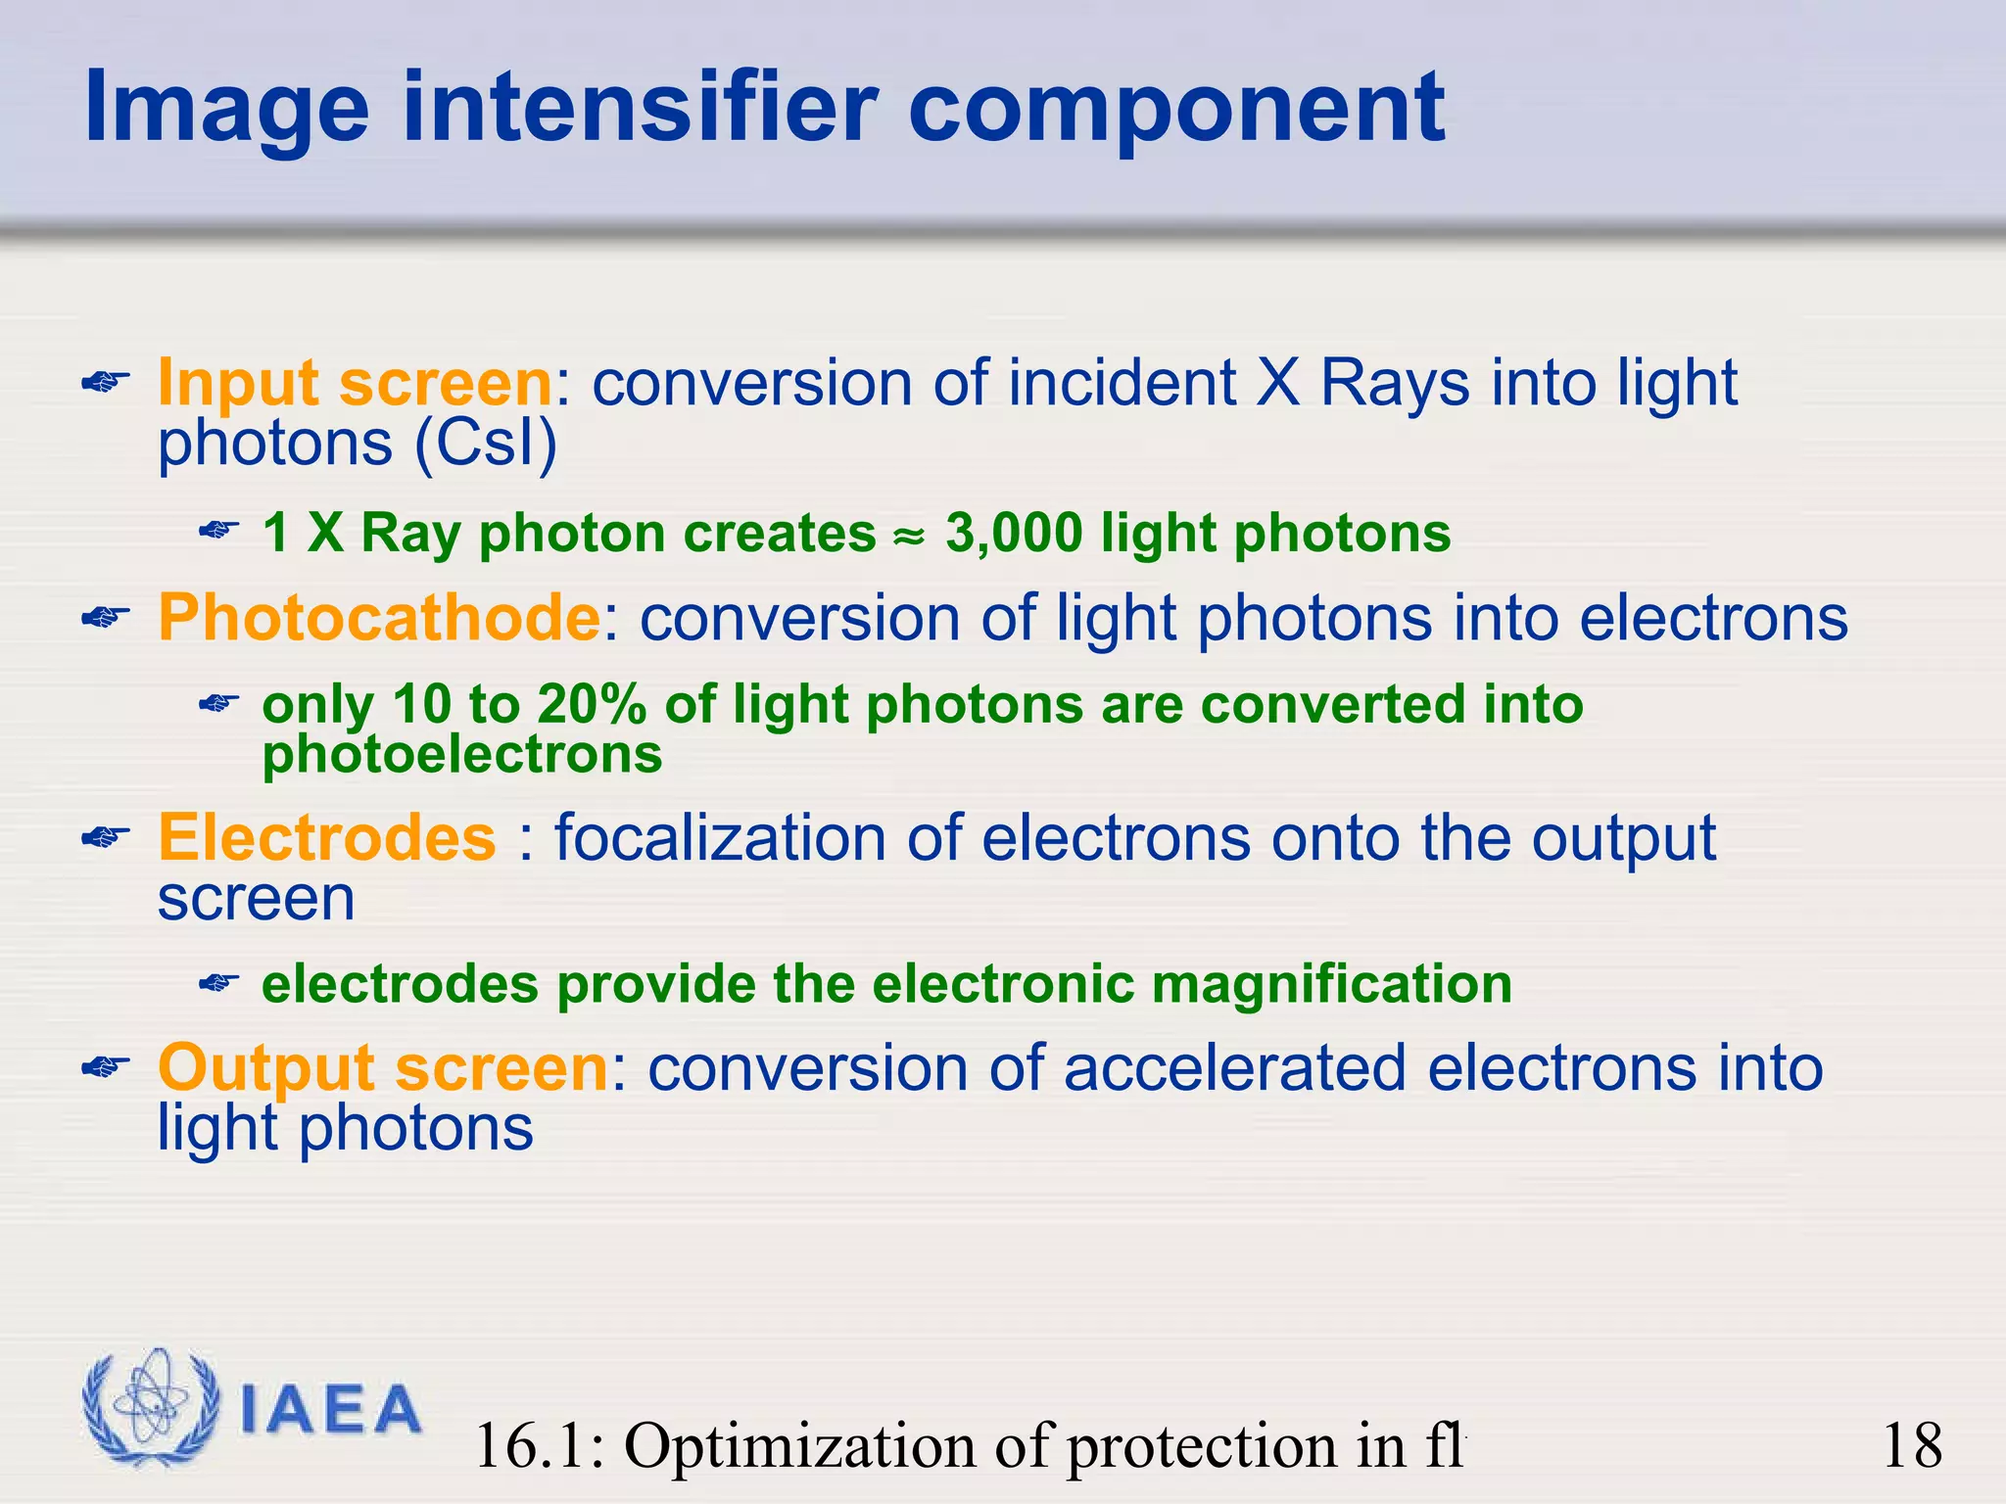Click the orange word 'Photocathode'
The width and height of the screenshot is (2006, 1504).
tap(379, 618)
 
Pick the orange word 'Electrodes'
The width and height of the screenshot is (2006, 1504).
tap(327, 838)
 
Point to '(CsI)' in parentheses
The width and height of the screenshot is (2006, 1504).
tap(485, 444)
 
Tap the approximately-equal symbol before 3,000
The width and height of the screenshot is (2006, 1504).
tap(908, 537)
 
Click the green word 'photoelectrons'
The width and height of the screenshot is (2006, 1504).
tap(462, 754)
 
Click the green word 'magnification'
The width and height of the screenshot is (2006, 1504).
tap(1332, 984)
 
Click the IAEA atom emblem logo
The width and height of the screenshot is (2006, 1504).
tap(150, 1407)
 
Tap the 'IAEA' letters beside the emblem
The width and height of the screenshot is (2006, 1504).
tap(330, 1411)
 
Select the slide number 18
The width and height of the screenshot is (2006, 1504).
tap(1912, 1445)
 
